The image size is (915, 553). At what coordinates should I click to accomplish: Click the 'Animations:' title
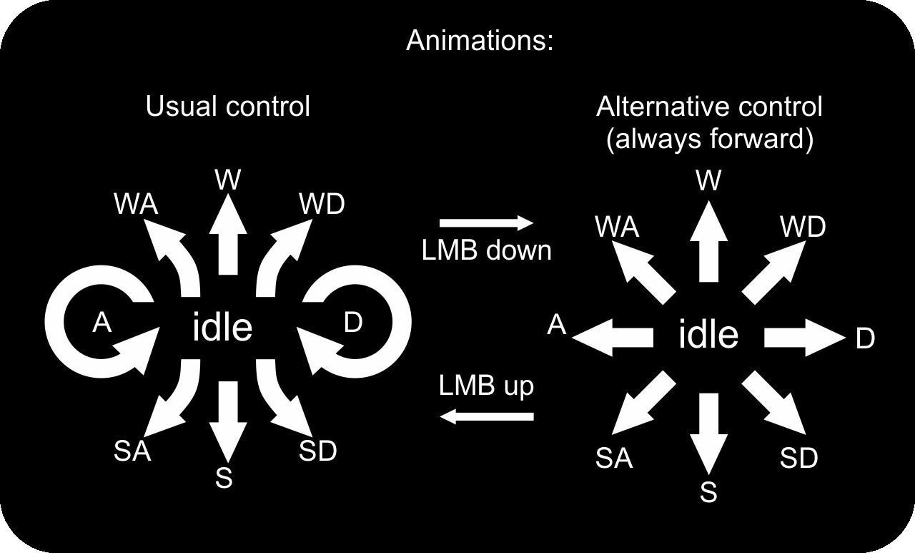(x=480, y=40)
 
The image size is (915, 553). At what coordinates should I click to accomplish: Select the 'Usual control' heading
(x=228, y=107)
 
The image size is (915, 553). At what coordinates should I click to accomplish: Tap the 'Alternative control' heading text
(x=709, y=107)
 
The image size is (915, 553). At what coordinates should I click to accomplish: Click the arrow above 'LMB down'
(x=486, y=223)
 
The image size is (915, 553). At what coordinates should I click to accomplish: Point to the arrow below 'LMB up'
(x=486, y=415)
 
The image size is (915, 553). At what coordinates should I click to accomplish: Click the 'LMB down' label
(x=486, y=250)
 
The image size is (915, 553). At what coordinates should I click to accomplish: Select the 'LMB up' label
(x=486, y=386)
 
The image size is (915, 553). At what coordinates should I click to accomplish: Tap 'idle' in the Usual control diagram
(x=222, y=328)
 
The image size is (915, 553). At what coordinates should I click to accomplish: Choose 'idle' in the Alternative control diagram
(x=708, y=335)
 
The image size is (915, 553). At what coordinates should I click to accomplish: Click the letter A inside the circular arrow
(x=102, y=323)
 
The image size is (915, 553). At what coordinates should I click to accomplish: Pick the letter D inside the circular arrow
(x=353, y=323)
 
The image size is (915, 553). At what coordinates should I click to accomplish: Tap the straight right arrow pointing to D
(x=804, y=337)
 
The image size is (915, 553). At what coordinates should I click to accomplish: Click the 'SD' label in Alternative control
(x=798, y=458)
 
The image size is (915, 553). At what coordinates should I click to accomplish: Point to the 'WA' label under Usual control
(x=136, y=205)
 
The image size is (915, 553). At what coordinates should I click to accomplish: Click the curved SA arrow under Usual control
(x=175, y=401)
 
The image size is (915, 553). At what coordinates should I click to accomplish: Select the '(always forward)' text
(x=709, y=139)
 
